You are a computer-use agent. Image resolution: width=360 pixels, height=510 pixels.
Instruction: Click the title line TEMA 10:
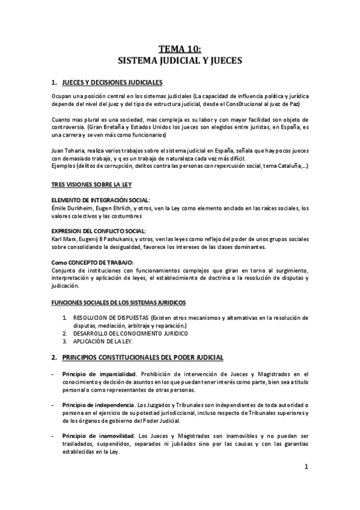pos(180,51)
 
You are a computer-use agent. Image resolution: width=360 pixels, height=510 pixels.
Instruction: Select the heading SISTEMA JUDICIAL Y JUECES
pos(180,61)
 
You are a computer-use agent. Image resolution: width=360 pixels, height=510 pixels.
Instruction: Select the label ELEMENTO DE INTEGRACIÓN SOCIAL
pos(100,200)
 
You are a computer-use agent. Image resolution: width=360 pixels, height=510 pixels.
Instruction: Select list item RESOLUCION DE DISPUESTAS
pos(115,318)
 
